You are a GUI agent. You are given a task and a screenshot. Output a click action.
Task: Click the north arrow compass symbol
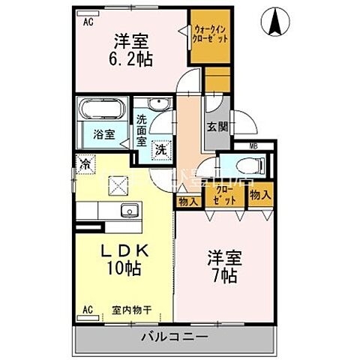275,23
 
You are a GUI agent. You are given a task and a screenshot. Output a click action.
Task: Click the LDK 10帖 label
123,259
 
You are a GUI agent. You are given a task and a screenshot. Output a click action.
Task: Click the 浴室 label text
103,136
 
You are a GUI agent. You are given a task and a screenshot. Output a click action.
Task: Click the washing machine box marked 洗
161,148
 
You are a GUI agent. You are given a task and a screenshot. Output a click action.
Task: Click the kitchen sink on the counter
128,210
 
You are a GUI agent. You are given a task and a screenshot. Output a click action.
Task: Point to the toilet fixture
235,168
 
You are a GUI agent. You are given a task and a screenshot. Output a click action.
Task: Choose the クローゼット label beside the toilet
232,196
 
